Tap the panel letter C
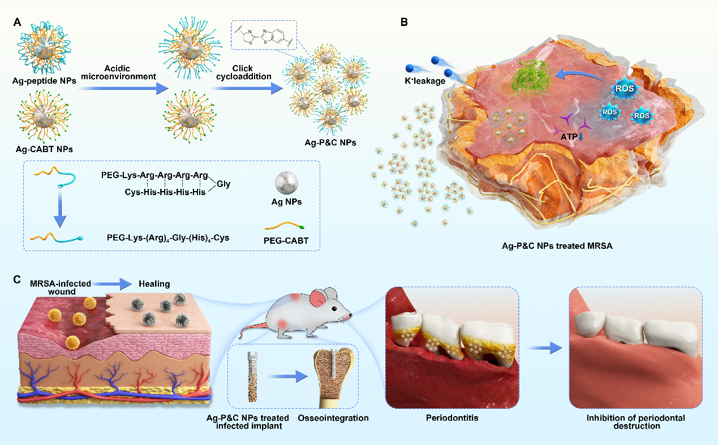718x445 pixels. tap(18, 279)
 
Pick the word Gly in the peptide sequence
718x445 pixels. tap(223, 184)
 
